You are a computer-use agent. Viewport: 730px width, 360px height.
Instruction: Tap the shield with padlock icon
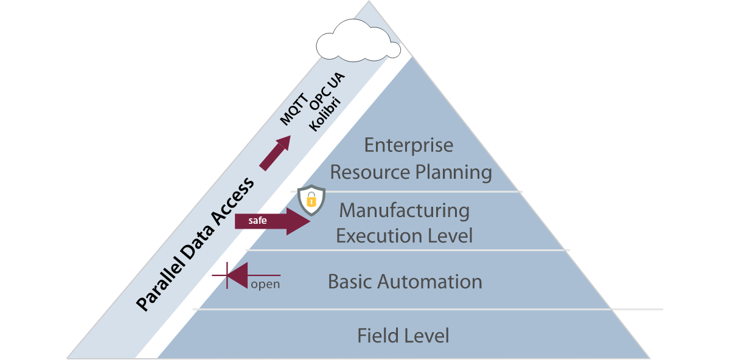click(x=311, y=200)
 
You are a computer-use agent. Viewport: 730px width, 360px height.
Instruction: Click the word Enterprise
click(x=409, y=146)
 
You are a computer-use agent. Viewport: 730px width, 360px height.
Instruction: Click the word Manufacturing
click(x=404, y=210)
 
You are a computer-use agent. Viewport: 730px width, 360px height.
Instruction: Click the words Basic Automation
click(x=405, y=282)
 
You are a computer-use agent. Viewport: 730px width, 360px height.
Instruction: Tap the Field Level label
click(x=403, y=336)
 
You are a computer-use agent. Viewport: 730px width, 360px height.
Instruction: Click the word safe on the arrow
click(x=257, y=221)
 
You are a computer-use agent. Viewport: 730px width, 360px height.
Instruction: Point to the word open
click(x=265, y=285)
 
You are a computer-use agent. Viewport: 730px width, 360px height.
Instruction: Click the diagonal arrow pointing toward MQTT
click(x=274, y=153)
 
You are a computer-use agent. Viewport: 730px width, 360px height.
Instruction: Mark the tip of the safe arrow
click(x=309, y=221)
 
